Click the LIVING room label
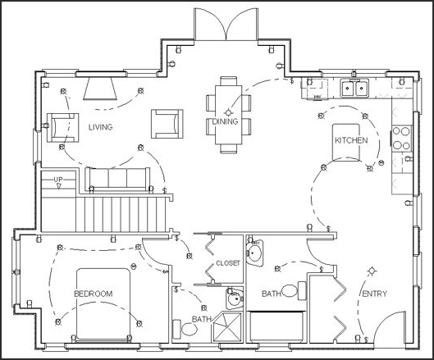tap(101, 127)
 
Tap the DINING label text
tap(225, 121)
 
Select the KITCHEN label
tap(350, 141)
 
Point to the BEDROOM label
tap(93, 294)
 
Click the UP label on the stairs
tap(59, 179)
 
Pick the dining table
tap(227, 114)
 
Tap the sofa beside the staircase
tap(116, 180)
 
